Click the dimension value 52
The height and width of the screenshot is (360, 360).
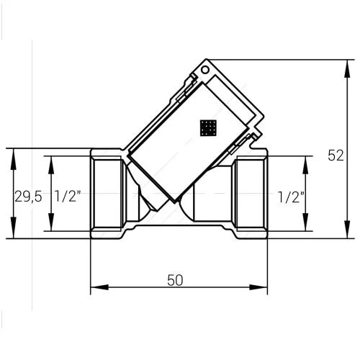click(336, 156)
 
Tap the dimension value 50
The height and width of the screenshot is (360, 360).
click(175, 280)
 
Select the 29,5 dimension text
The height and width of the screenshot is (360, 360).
click(28, 197)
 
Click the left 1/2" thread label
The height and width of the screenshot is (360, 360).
click(68, 196)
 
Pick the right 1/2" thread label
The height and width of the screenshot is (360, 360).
click(291, 197)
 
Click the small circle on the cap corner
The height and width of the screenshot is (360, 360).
click(205, 70)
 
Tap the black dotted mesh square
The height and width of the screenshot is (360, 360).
click(208, 128)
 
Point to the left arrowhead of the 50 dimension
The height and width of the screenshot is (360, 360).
click(99, 287)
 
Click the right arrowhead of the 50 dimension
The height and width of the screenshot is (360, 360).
click(258, 287)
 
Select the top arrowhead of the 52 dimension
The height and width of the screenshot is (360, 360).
click(347, 68)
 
